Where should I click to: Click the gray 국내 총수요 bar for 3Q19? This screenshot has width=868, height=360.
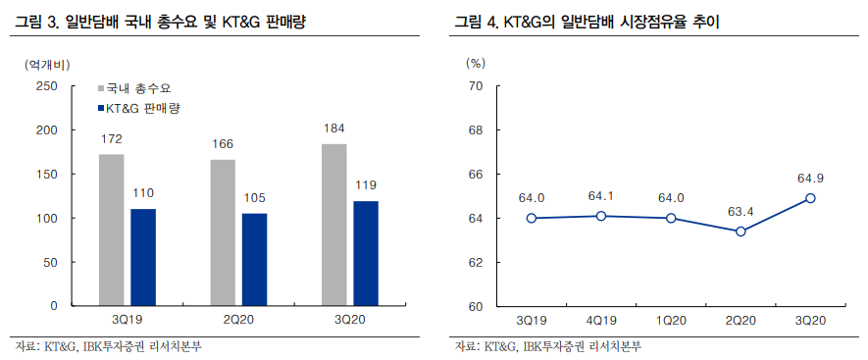(x=112, y=230)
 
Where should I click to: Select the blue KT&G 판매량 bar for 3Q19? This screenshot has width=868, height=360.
(x=143, y=257)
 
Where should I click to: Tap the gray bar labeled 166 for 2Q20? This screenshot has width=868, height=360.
(x=223, y=232)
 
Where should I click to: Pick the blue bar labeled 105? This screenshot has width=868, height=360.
(x=254, y=259)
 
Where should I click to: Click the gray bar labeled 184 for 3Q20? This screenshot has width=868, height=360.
(x=333, y=225)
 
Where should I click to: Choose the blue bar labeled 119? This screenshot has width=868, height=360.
(x=365, y=253)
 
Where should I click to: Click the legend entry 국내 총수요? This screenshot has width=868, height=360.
(x=138, y=88)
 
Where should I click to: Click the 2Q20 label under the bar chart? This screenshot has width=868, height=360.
(x=238, y=319)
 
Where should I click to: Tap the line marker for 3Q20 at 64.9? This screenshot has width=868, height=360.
(x=810, y=198)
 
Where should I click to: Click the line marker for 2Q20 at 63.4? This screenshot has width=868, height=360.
(x=740, y=231)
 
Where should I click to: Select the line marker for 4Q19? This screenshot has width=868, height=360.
(x=601, y=216)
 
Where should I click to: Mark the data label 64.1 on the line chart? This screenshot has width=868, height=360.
(x=601, y=195)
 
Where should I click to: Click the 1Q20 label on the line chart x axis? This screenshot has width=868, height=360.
(x=671, y=320)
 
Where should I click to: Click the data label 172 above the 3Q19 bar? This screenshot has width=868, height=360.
(x=112, y=139)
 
